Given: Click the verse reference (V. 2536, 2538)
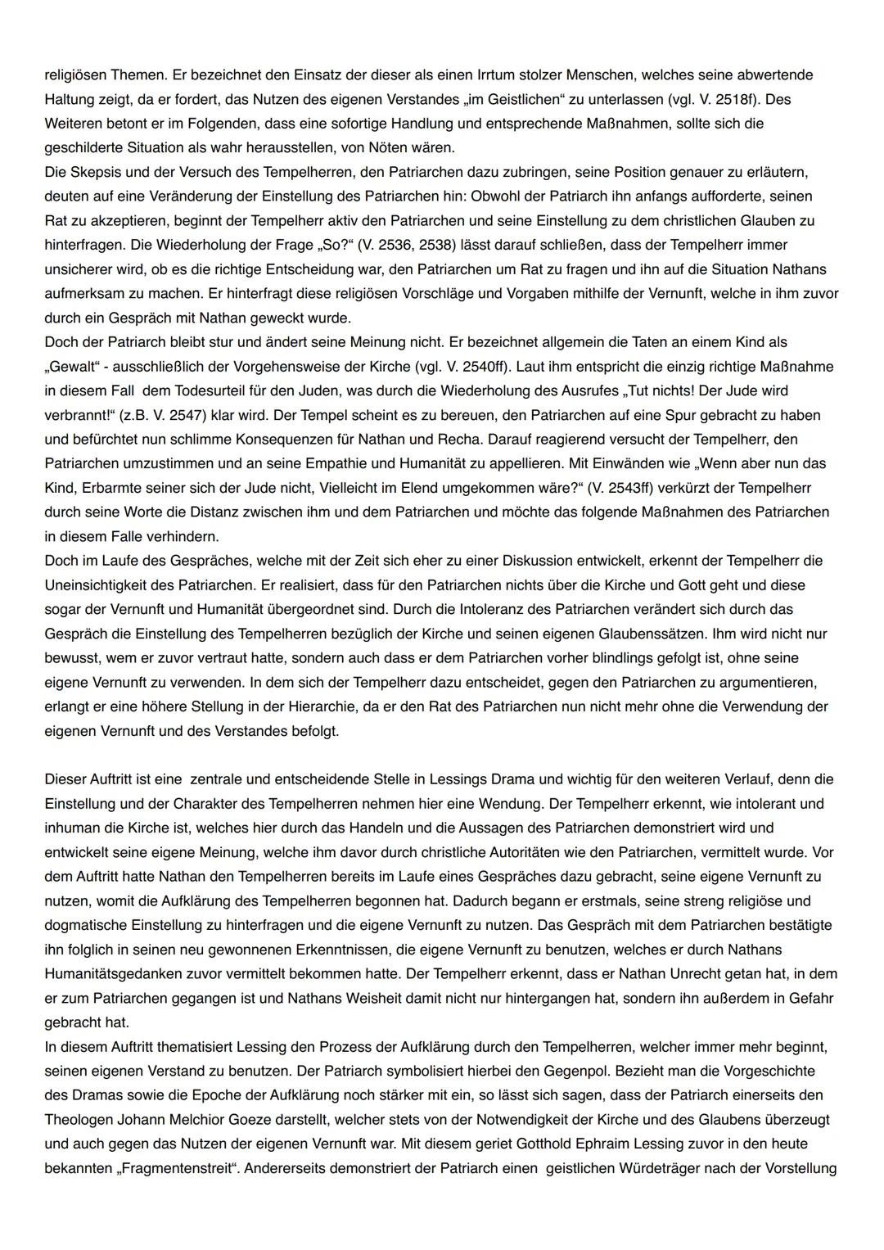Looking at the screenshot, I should (420, 245).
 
